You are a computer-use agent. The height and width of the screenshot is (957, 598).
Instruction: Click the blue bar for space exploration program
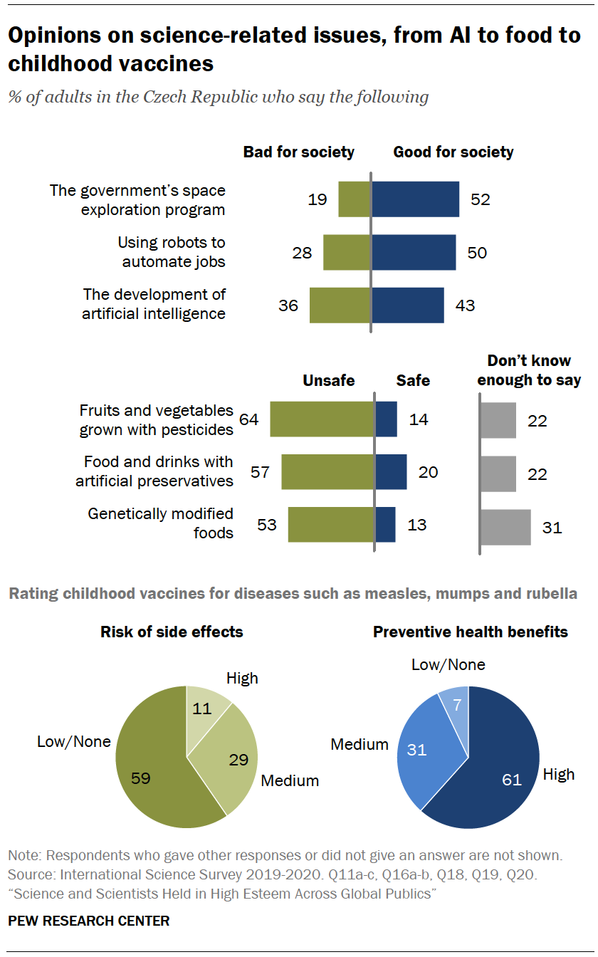(415, 199)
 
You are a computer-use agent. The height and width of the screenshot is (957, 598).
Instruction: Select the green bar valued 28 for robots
(347, 252)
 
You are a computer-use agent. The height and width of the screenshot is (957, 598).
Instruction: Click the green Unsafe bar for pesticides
(322, 419)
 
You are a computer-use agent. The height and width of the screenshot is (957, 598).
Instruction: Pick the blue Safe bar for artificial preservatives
(391, 472)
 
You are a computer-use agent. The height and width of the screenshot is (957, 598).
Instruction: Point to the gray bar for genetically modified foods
(505, 527)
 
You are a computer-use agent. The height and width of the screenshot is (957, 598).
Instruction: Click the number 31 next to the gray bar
(552, 528)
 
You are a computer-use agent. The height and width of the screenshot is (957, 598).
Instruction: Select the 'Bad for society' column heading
(299, 152)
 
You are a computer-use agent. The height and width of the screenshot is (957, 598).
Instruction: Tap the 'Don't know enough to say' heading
(529, 370)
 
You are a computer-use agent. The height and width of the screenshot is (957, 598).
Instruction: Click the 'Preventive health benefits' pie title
(471, 632)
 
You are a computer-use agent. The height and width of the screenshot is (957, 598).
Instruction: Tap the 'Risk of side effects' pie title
(172, 632)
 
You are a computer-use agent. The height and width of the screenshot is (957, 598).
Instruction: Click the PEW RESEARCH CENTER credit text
(89, 921)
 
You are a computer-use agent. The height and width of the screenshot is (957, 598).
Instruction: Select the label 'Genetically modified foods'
(161, 523)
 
